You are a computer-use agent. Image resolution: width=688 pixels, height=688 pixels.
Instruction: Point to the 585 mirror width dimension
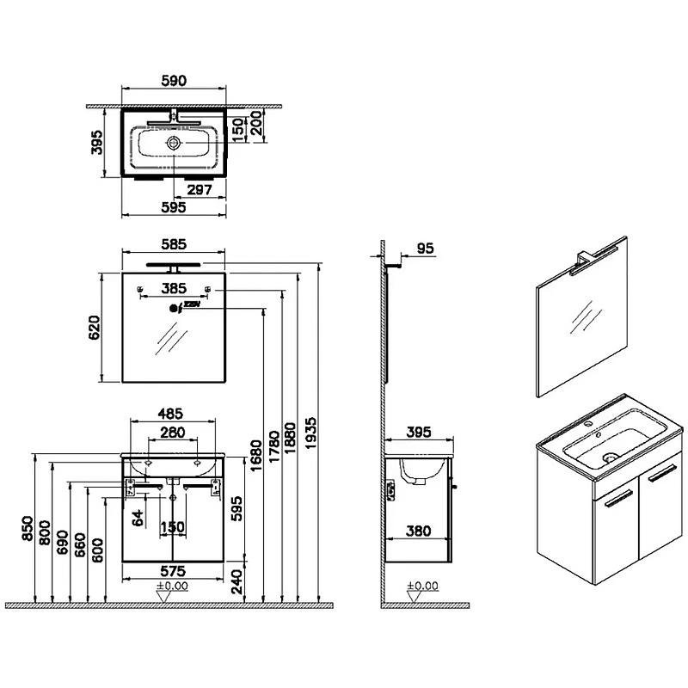175,243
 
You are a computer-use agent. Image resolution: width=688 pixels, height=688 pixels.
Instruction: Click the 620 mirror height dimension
95,328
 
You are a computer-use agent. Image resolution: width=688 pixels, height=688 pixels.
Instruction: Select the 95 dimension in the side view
423,249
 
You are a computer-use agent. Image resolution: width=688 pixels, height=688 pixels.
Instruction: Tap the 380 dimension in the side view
419,531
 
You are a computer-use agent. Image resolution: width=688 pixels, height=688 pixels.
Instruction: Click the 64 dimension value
137,518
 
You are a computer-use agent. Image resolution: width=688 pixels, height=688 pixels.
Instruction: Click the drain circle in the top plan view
174,142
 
